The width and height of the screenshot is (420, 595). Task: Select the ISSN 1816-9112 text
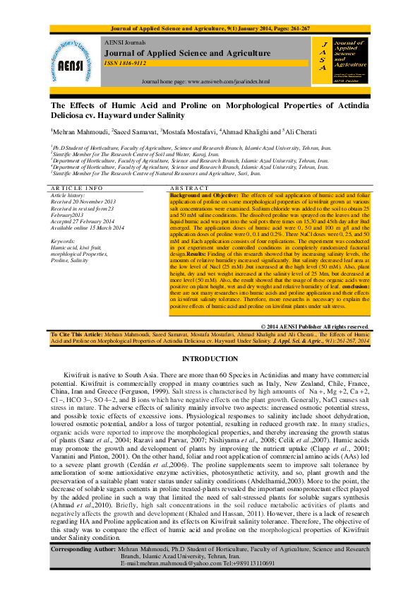coord(125,63)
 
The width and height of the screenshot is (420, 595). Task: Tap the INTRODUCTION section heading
coord(210,359)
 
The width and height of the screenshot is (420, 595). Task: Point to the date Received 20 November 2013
coord(83,201)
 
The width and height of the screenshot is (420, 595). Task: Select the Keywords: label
coord(64,242)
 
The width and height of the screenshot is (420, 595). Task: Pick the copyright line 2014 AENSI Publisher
coord(324,326)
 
